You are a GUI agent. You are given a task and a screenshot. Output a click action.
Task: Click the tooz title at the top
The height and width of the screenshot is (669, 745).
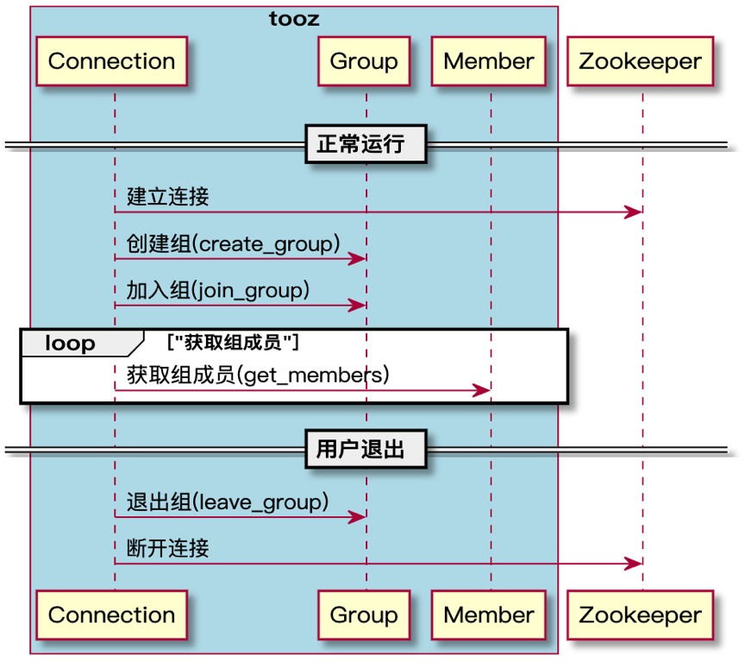click(294, 19)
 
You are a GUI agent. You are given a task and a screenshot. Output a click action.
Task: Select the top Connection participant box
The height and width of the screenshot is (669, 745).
click(111, 61)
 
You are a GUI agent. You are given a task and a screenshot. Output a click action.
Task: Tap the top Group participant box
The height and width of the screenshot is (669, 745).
click(364, 61)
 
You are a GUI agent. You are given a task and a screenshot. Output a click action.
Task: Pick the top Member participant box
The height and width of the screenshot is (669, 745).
click(488, 61)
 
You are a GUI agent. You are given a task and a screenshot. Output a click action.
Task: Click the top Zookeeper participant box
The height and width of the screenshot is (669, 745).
click(640, 61)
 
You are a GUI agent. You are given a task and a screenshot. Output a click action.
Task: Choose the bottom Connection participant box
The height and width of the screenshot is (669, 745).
click(111, 615)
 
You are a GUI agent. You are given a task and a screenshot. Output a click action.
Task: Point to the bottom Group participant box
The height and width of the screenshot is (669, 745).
click(364, 615)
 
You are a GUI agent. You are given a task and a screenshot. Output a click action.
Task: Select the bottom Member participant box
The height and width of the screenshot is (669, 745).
click(488, 615)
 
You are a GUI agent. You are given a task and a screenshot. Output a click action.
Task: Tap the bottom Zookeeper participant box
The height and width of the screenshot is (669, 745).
click(640, 615)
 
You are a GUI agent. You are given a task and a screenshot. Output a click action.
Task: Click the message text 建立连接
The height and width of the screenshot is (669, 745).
click(168, 197)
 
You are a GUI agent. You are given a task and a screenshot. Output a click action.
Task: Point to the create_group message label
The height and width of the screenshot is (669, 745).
click(234, 243)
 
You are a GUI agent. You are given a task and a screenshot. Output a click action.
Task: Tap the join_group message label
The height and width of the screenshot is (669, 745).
click(218, 290)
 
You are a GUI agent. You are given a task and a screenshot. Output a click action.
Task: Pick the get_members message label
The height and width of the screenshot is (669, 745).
click(258, 375)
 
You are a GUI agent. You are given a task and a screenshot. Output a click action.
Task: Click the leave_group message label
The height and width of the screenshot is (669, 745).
click(228, 502)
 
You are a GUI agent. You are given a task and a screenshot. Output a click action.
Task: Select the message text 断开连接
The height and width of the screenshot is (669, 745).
click(168, 548)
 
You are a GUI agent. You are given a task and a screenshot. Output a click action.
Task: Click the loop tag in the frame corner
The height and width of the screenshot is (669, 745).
click(70, 343)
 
